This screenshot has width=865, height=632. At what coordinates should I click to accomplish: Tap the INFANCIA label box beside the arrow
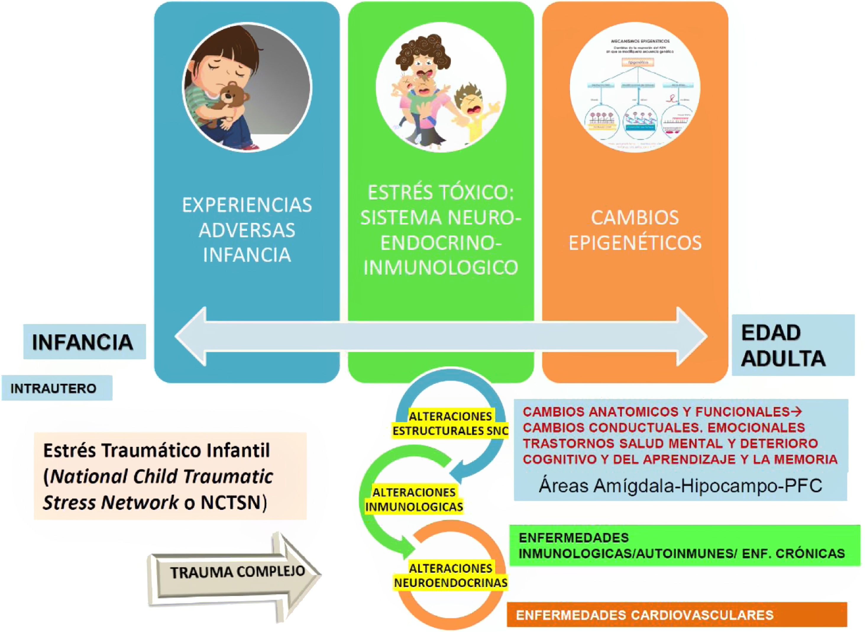point(84,342)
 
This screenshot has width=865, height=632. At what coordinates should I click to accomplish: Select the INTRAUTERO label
point(54,388)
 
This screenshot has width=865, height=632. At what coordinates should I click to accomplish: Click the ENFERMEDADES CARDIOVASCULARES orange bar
point(676,615)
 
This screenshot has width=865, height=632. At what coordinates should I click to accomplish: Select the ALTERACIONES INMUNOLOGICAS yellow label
point(414,499)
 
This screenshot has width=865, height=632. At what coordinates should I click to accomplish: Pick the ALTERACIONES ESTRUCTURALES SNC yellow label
point(450,424)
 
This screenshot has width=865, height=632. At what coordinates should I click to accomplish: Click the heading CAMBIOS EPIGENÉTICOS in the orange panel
point(635,230)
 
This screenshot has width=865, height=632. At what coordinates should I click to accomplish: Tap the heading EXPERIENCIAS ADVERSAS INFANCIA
point(247,230)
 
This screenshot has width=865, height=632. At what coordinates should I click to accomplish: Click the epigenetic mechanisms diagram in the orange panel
point(635,88)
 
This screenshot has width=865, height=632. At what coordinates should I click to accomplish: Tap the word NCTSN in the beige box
point(230,502)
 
